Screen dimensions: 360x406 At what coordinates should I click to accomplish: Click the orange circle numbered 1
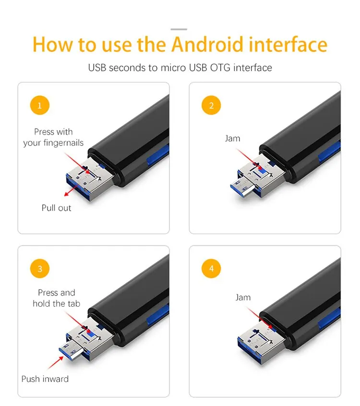40,106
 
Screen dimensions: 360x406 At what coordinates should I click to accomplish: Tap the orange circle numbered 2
212,106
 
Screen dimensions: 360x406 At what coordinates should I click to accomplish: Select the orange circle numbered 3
40,269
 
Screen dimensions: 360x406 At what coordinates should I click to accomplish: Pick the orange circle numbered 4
212,269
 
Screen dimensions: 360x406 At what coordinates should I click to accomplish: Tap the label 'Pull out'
56,208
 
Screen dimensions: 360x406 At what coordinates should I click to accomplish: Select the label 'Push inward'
45,379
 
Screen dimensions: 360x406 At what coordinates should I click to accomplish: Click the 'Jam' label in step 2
232,139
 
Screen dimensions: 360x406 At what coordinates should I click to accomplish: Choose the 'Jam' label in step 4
243,298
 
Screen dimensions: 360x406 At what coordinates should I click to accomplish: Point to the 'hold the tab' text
56,303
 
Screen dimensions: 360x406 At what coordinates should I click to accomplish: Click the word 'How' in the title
51,44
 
